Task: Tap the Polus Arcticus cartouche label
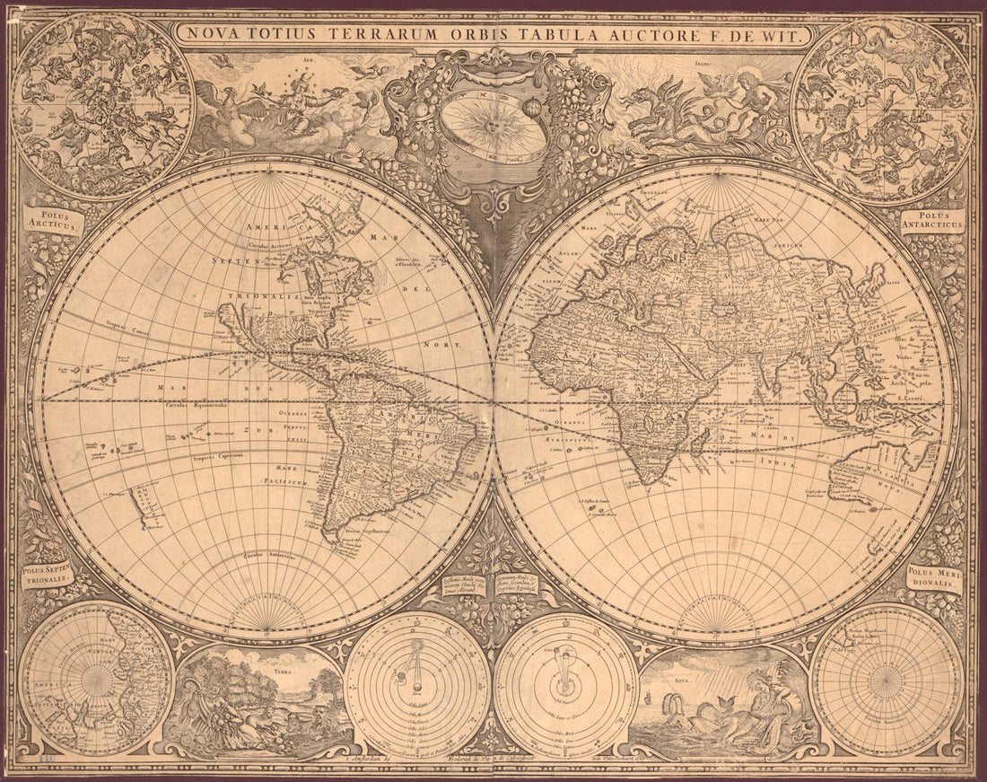[x=52, y=222]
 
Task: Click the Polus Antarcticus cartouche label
[x=933, y=221]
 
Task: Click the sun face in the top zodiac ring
[x=492, y=127]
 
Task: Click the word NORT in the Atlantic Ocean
[x=446, y=344]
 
